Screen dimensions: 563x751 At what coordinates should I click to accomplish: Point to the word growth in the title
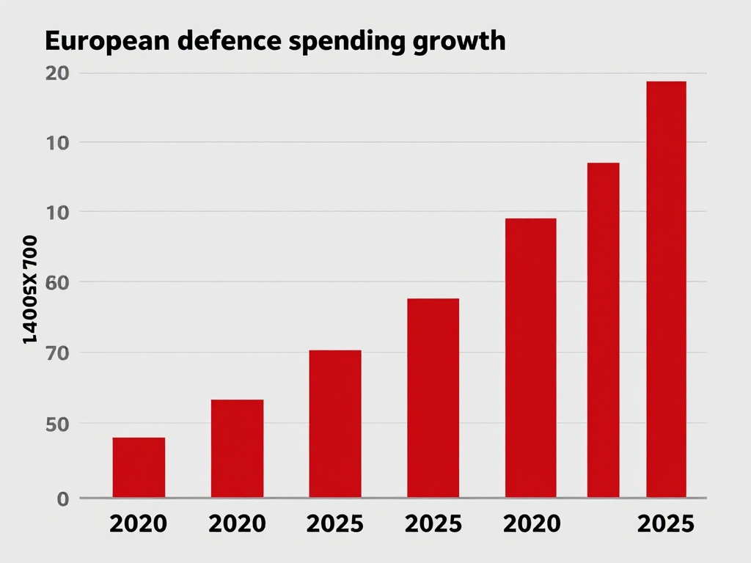click(461, 43)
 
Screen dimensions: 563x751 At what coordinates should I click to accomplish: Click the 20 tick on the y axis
click(57, 73)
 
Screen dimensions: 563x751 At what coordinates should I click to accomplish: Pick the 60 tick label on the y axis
click(57, 282)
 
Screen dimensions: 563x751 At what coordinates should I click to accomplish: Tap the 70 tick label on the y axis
click(57, 353)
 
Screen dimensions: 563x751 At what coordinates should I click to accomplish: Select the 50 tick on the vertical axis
click(57, 424)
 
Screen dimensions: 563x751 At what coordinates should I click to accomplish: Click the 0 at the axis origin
click(62, 499)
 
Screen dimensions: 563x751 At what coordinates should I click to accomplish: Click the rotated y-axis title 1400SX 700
click(29, 290)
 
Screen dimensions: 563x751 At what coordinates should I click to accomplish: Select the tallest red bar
click(666, 290)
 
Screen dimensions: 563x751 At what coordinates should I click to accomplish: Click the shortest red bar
click(139, 468)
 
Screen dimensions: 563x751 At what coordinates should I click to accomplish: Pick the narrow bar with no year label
click(603, 330)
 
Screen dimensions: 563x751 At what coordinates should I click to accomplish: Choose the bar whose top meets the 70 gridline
click(335, 424)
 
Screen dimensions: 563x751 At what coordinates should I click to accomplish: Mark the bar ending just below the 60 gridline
click(433, 398)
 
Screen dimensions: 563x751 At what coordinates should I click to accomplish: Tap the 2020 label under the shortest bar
click(139, 524)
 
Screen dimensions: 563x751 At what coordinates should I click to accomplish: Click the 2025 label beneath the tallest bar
click(665, 524)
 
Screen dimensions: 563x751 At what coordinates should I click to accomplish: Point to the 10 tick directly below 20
click(57, 142)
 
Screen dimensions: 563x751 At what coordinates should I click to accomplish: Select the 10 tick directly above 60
click(57, 213)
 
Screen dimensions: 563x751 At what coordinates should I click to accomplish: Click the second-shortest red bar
click(237, 449)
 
